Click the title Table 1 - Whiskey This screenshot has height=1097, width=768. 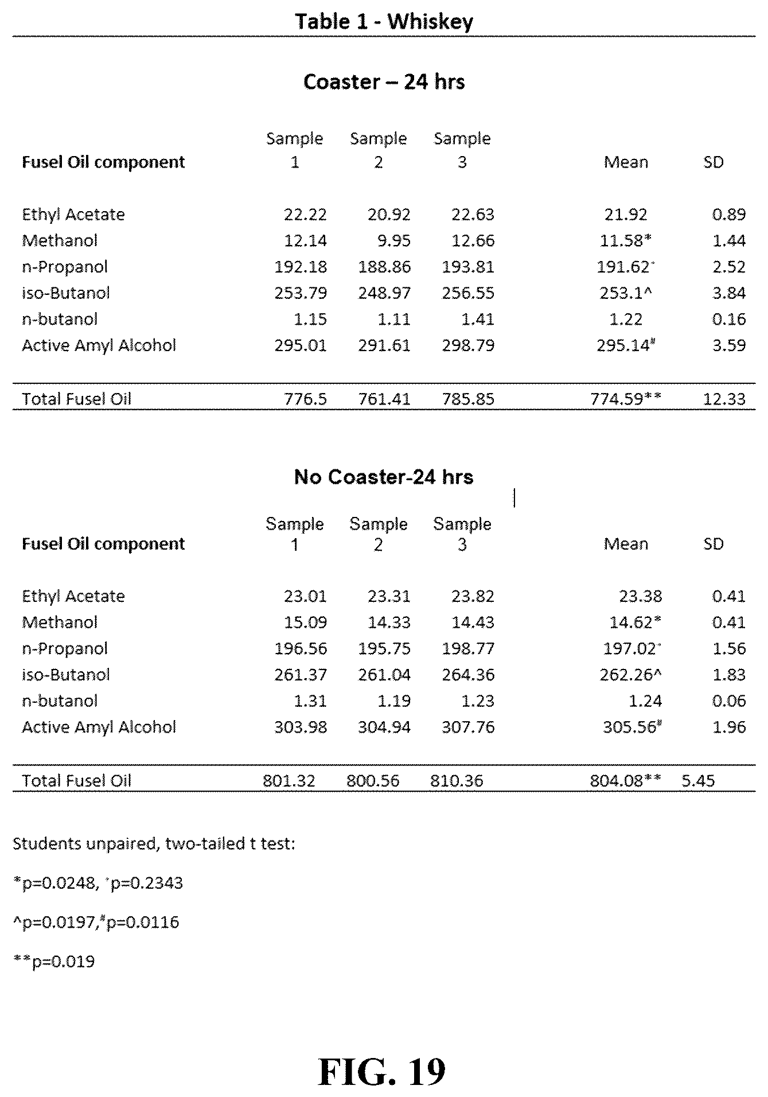pyautogui.click(x=384, y=22)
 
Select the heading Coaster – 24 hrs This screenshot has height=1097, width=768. pyautogui.click(x=384, y=82)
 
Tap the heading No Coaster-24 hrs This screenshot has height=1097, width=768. pyautogui.click(x=384, y=477)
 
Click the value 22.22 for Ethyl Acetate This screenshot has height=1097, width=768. pyautogui.click(x=305, y=215)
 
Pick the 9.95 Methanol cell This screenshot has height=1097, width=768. pyautogui.click(x=394, y=240)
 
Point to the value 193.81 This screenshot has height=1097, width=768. pyautogui.click(x=468, y=267)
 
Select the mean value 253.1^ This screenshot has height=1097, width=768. pyautogui.click(x=626, y=293)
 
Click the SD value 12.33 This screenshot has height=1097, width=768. pyautogui.click(x=724, y=399)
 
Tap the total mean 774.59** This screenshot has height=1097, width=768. pyautogui.click(x=626, y=399)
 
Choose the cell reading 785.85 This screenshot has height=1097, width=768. pyautogui.click(x=468, y=399)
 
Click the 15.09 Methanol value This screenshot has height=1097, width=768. pyautogui.click(x=305, y=623)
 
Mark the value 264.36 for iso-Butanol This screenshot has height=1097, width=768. pyautogui.click(x=468, y=675)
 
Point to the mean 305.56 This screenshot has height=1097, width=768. pyautogui.click(x=630, y=728)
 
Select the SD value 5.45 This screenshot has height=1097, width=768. pyautogui.click(x=698, y=780)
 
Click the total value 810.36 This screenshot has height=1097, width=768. pyautogui.click(x=457, y=780)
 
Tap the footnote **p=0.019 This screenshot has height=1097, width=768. pyautogui.click(x=54, y=962)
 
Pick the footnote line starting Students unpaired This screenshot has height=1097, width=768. pyautogui.click(x=154, y=843)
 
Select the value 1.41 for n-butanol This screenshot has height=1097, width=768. pyautogui.click(x=478, y=320)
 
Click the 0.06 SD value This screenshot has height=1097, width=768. pyautogui.click(x=729, y=701)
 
